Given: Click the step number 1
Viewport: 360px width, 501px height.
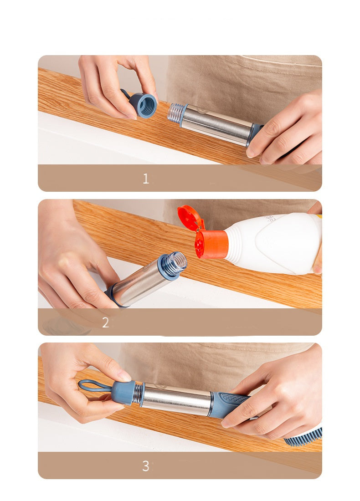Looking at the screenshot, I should pyautogui.click(x=146, y=179).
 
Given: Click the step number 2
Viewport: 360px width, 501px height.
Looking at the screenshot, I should pyautogui.click(x=105, y=322).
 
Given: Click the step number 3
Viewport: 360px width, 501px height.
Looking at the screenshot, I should pyautogui.click(x=145, y=466).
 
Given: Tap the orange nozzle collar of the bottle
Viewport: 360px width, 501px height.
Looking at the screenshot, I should pyautogui.click(x=211, y=244).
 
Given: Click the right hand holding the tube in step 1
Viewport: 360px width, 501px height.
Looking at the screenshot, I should pyautogui.click(x=287, y=128).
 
